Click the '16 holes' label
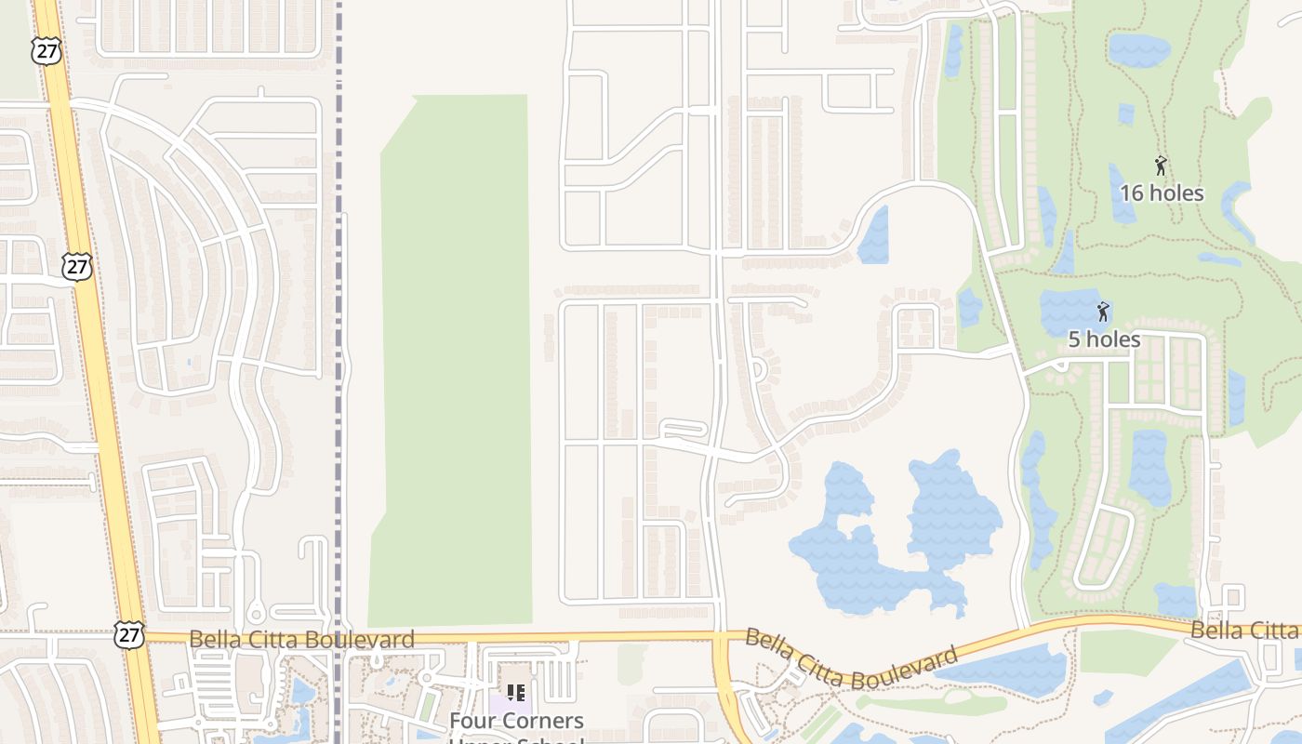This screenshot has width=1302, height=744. click(1162, 193)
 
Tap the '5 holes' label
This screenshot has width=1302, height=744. click(1104, 339)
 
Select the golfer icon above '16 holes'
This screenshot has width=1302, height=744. click(1161, 166)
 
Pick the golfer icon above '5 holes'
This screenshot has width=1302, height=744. click(1103, 312)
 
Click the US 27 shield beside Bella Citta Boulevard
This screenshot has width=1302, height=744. click(128, 635)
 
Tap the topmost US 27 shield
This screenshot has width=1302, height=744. click(46, 50)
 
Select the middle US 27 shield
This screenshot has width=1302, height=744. click(77, 267)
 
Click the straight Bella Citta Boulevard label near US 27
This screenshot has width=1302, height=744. click(301, 640)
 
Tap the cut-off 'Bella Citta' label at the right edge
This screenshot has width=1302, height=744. click(1245, 631)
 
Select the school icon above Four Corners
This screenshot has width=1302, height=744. click(516, 693)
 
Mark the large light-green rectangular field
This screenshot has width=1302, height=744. click(454, 363)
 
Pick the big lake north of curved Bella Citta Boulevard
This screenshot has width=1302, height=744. click(893, 539)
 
